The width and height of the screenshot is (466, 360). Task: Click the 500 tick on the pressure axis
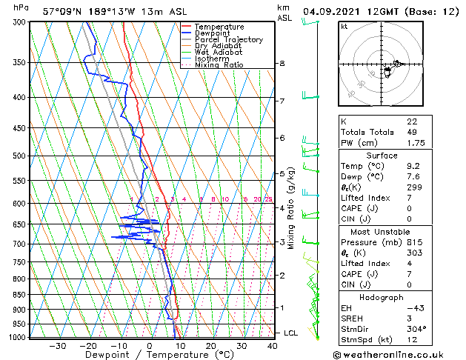point(19,156)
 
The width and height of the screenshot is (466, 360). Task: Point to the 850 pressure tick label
point(19,295)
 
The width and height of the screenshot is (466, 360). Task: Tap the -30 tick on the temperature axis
point(57,345)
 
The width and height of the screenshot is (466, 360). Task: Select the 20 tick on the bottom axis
point(211,345)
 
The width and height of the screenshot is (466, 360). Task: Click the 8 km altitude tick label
point(282,64)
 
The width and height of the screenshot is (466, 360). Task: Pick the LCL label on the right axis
point(290,333)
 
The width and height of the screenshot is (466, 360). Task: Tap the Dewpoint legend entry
point(213,33)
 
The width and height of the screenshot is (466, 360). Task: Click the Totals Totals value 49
point(412,132)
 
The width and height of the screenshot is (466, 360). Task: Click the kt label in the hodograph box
point(344,27)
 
